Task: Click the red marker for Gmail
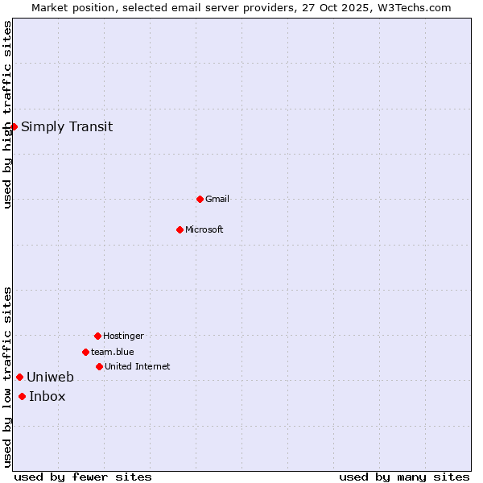pyautogui.click(x=200, y=199)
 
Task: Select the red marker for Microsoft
pyautogui.click(x=180, y=229)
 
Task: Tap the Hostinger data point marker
pyautogui.click(x=97, y=336)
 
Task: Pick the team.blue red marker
pyautogui.click(x=85, y=352)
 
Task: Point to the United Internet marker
pyautogui.click(x=99, y=366)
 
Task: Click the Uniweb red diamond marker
pyautogui.click(x=19, y=377)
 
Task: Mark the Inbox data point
pyautogui.click(x=22, y=396)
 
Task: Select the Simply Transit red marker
pyautogui.click(x=14, y=126)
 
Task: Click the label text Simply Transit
pyautogui.click(x=67, y=126)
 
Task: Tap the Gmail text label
pyautogui.click(x=217, y=199)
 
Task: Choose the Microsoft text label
pyautogui.click(x=204, y=229)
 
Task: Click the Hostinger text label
pyautogui.click(x=123, y=336)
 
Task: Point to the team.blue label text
pyautogui.click(x=113, y=352)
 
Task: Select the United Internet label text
pyautogui.click(x=138, y=366)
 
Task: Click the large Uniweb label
pyautogui.click(x=50, y=377)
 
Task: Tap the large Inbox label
pyautogui.click(x=47, y=396)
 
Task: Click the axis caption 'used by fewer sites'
pyautogui.click(x=83, y=477)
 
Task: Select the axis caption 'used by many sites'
pyautogui.click(x=404, y=477)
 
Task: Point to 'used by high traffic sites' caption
pyautogui.click(x=7, y=114)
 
